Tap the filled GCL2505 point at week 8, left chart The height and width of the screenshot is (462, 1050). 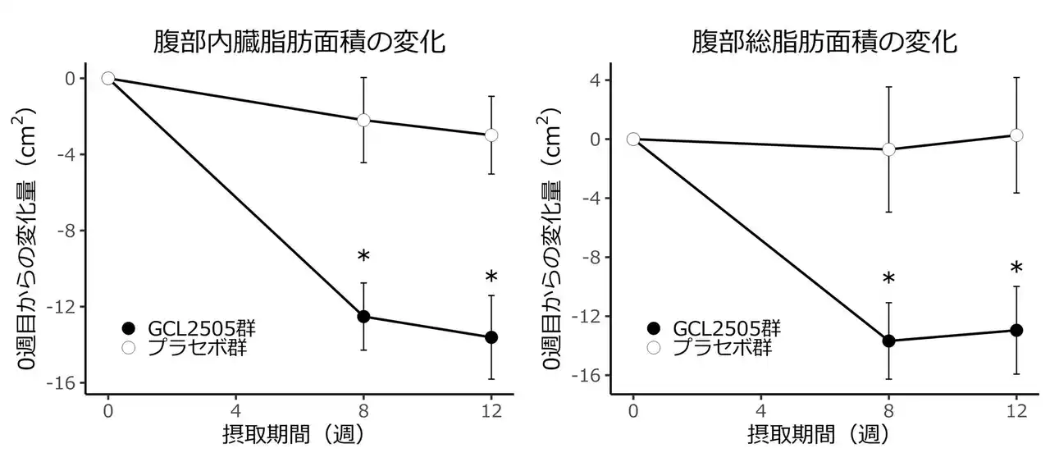point(363,317)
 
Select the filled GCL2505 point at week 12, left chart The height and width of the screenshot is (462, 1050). point(491,337)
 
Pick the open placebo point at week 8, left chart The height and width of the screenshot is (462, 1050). point(363,120)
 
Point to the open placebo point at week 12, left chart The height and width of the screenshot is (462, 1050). point(491,135)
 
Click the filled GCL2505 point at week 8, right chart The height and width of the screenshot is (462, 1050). point(888,341)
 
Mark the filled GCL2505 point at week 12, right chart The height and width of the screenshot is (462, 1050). point(1016,330)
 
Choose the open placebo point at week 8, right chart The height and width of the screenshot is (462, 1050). point(888,149)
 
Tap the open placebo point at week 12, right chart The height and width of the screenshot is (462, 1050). point(1016,135)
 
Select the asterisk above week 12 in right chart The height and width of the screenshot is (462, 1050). point(1016,269)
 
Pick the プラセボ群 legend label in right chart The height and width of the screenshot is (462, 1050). point(722,348)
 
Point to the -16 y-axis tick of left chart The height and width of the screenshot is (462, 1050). point(64,383)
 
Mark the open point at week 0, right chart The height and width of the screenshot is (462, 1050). point(632,139)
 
